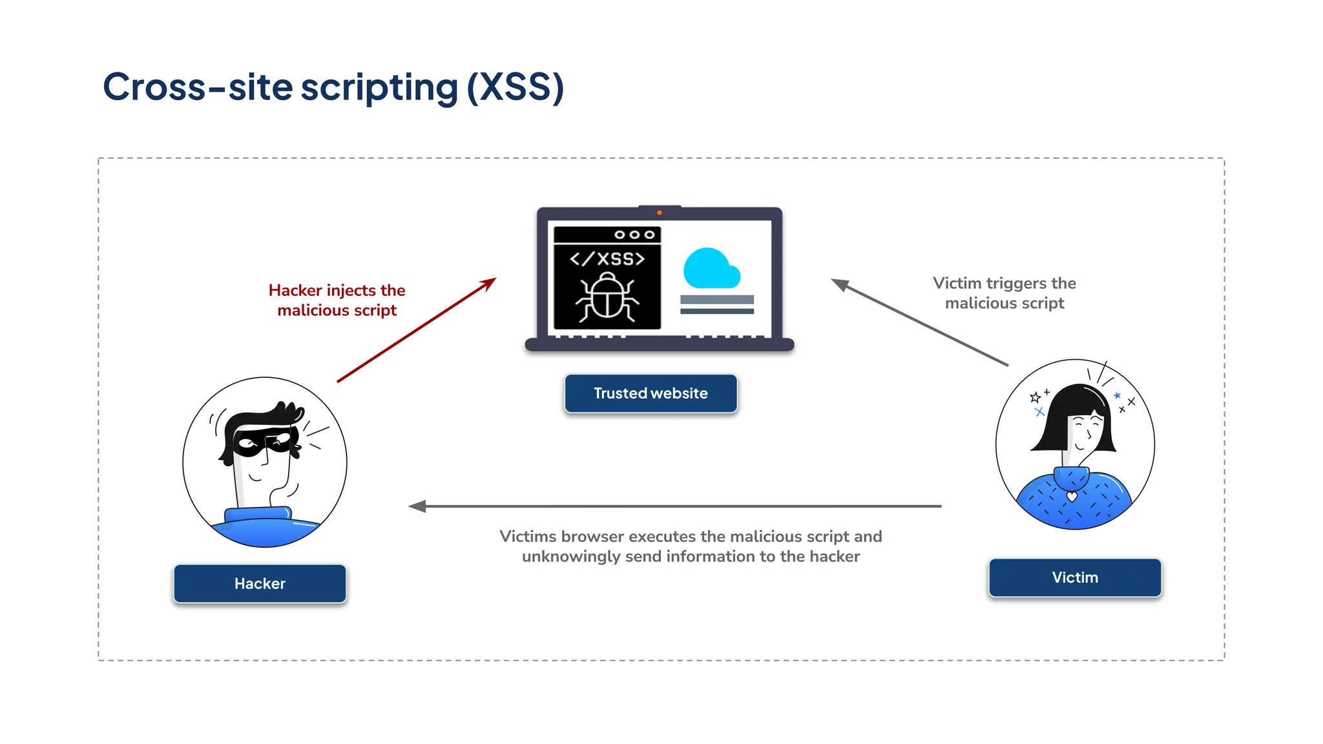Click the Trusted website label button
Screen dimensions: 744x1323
click(x=651, y=393)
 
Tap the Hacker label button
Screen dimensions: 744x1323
click(x=260, y=584)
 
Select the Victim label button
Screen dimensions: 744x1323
click(x=1075, y=577)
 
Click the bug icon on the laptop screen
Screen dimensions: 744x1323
click(x=607, y=296)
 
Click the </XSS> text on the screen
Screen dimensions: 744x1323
click(x=607, y=259)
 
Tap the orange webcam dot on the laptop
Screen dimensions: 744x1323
click(x=659, y=212)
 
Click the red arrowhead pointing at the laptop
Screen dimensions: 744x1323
click(x=489, y=284)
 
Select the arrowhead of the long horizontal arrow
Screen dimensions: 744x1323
click(x=417, y=506)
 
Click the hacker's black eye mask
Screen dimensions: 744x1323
click(x=262, y=442)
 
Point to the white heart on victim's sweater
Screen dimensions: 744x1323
click(x=1072, y=497)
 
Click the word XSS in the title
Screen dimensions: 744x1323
click(x=515, y=87)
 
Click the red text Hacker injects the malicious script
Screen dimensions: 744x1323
click(x=337, y=300)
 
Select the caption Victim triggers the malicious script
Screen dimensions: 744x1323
click(x=1004, y=293)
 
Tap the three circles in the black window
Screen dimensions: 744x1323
click(x=634, y=234)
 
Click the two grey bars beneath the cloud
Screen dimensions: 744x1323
click(x=717, y=305)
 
